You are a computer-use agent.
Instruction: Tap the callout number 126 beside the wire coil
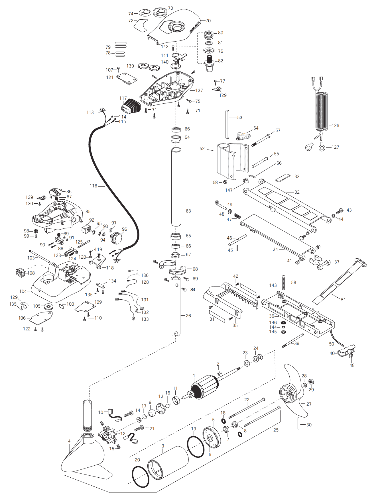(335, 126)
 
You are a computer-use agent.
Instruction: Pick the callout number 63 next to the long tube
(188, 211)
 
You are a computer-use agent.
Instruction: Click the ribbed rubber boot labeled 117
(131, 106)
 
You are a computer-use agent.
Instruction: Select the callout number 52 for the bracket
(202, 149)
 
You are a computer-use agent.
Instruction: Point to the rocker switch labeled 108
(20, 273)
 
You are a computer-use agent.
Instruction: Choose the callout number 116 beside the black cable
(94, 186)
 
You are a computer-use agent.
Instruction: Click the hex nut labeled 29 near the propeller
(311, 382)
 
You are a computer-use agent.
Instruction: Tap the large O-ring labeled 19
(196, 447)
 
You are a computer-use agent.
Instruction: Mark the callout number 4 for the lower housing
(69, 441)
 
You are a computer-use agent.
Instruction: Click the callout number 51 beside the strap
(343, 300)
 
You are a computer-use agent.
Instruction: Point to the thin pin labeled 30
(298, 423)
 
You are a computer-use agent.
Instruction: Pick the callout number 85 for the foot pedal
(88, 212)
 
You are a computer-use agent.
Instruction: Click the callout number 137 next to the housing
(199, 91)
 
